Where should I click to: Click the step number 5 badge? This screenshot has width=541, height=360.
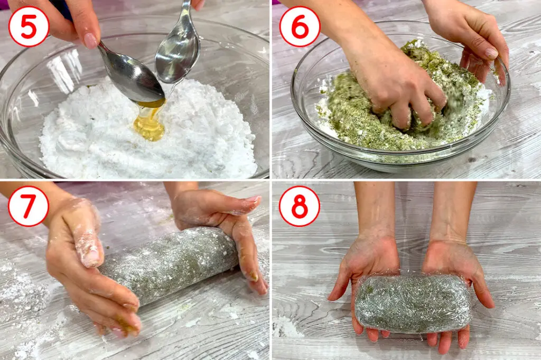[x=29, y=26]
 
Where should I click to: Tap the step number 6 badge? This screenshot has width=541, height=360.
[x=300, y=26]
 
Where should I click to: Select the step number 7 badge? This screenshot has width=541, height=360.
[x=29, y=206]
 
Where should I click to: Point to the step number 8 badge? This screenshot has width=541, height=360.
[x=300, y=206]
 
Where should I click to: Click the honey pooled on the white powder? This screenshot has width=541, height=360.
[x=149, y=124]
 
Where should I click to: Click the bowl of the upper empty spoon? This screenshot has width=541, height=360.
[x=178, y=52]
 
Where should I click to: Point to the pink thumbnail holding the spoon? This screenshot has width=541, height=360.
[x=91, y=40]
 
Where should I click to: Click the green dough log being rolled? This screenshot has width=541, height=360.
[x=169, y=264]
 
